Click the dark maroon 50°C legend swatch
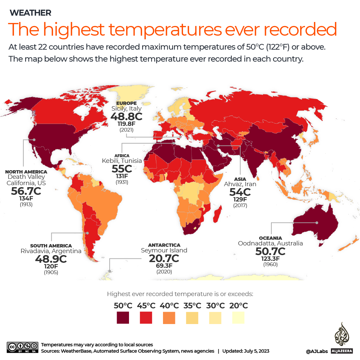coord(123,317)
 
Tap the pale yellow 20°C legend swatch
coord(238,317)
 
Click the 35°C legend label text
coord(192,305)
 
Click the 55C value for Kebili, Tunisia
coord(122,169)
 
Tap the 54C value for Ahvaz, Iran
coord(240,192)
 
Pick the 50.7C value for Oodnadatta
coord(270,251)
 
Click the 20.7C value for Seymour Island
coord(164,258)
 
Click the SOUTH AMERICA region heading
coord(51,246)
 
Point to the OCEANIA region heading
coord(270,238)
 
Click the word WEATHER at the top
coord(30,13)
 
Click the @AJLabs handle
coord(317,351)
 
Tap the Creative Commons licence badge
coord(22,347)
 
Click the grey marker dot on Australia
coord(317,222)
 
